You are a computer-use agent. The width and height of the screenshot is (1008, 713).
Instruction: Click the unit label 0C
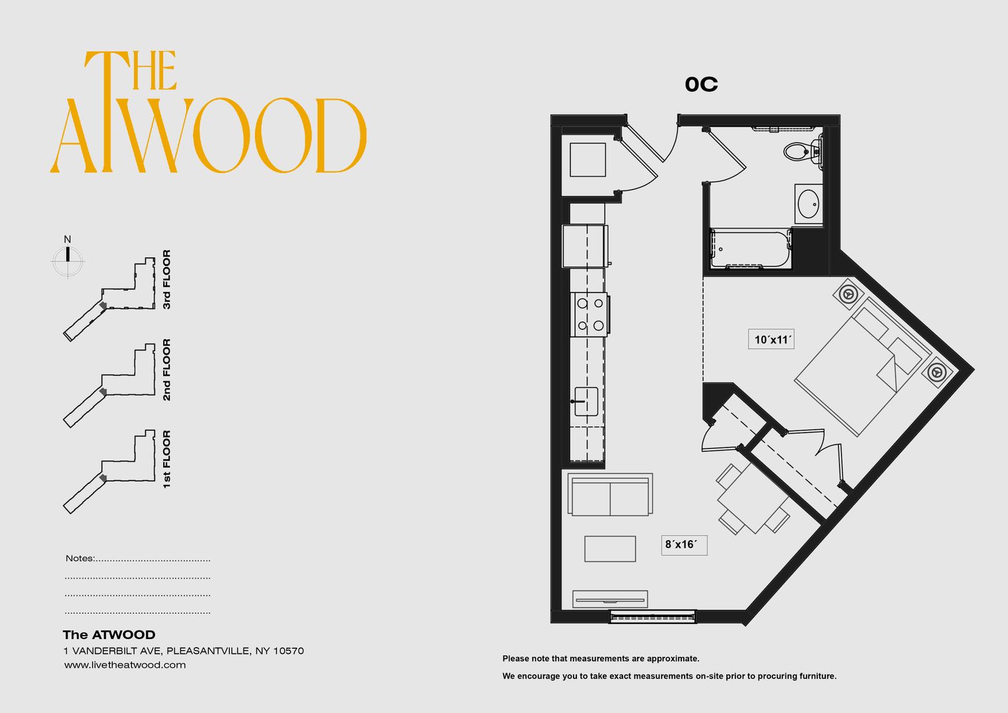(701, 85)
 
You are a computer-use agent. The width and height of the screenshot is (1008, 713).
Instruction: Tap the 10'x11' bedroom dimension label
(771, 339)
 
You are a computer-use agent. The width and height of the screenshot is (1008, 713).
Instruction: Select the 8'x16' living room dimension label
(684, 545)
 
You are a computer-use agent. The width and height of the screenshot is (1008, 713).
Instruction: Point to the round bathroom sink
(808, 204)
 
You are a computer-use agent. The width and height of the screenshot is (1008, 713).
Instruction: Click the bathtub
(751, 249)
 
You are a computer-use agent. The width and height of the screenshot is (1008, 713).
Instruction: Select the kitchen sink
(586, 401)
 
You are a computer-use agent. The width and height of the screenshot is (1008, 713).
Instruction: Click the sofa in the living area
(610, 494)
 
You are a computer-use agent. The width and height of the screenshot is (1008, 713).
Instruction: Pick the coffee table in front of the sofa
(610, 549)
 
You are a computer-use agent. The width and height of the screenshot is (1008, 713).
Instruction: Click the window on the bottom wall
(652, 617)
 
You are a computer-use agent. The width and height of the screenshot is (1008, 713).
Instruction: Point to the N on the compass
(67, 240)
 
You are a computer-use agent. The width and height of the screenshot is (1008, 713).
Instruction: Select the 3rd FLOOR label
(166, 279)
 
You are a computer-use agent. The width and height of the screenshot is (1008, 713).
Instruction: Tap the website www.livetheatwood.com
(125, 665)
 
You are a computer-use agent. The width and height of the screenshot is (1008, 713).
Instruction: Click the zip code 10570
(288, 651)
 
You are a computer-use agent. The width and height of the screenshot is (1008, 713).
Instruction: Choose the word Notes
(79, 559)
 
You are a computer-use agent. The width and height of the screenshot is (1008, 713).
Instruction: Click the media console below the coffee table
(610, 599)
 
